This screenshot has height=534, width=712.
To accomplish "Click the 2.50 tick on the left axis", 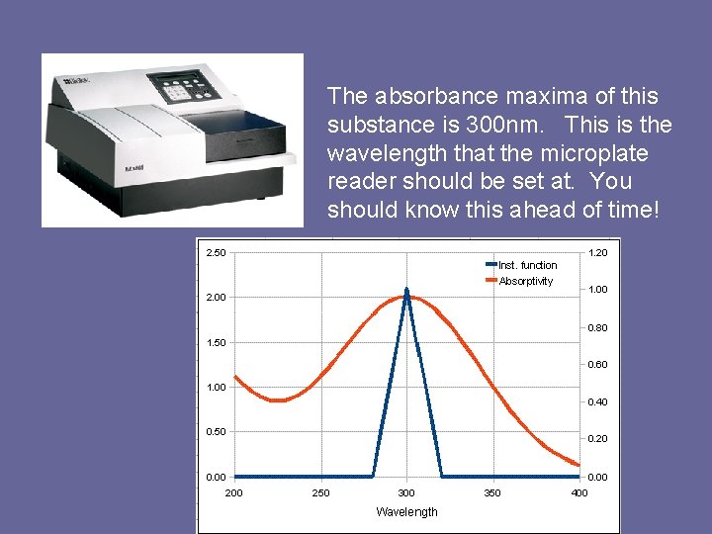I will (215, 253).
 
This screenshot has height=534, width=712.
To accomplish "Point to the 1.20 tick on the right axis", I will (597, 253).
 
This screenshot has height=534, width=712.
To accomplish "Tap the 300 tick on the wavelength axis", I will (406, 492).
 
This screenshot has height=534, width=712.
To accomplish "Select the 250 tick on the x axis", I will (320, 492).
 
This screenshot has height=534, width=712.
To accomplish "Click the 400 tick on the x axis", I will (579, 492).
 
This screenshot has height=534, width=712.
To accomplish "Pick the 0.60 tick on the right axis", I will (597, 365).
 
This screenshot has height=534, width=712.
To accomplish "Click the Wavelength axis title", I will (406, 511).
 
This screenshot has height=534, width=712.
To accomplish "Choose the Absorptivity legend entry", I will (525, 281).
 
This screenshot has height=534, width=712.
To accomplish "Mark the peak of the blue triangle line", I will (406, 290).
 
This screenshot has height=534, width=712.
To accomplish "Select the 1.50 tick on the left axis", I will (215, 342).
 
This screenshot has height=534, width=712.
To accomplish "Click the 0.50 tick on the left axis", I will (215, 432).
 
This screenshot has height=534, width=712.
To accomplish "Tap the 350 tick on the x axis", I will (492, 492).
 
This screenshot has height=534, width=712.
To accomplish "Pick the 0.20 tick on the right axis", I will (597, 439).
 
